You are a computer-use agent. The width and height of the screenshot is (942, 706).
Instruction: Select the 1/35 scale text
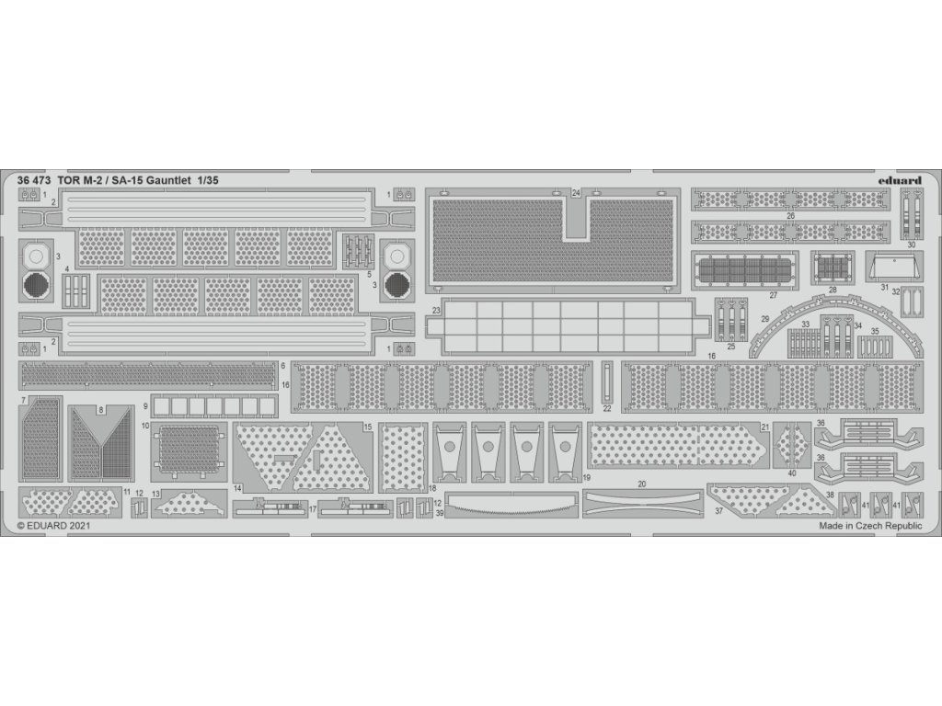pyautogui.click(x=205, y=180)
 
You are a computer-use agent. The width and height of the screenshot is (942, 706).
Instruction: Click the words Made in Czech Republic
pyautogui.click(x=869, y=527)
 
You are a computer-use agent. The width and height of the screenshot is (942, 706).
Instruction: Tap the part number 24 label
pyautogui.click(x=576, y=193)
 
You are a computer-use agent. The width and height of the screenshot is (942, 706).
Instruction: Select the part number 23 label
pyautogui.click(x=436, y=311)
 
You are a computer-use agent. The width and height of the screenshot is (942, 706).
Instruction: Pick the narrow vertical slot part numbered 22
pyautogui.click(x=606, y=381)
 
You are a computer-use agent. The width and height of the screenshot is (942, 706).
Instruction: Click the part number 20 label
pyautogui.click(x=642, y=484)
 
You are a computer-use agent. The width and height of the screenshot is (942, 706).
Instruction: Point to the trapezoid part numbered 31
pyautogui.click(x=893, y=268)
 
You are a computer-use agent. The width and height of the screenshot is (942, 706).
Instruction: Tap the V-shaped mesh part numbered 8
pyautogui.click(x=101, y=443)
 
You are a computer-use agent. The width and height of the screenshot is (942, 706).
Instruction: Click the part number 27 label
pyautogui.click(x=774, y=295)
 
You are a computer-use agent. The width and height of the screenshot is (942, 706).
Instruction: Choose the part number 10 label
pyautogui.click(x=145, y=427)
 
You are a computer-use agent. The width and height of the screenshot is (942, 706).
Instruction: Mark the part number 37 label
pyautogui.click(x=718, y=511)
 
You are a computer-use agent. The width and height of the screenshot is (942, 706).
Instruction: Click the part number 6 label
pyautogui.click(x=283, y=366)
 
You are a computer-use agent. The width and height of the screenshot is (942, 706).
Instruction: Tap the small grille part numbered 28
pyautogui.click(x=832, y=267)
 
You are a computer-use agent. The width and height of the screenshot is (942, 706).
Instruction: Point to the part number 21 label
pyautogui.click(x=765, y=427)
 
